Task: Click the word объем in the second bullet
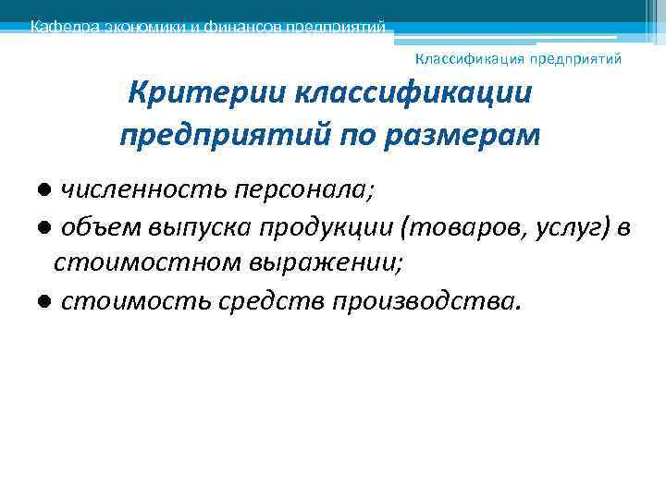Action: tap(95, 228)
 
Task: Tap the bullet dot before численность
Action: tap(43, 191)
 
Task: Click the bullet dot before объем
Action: tap(43, 229)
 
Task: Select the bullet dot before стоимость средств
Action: tap(43, 301)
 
